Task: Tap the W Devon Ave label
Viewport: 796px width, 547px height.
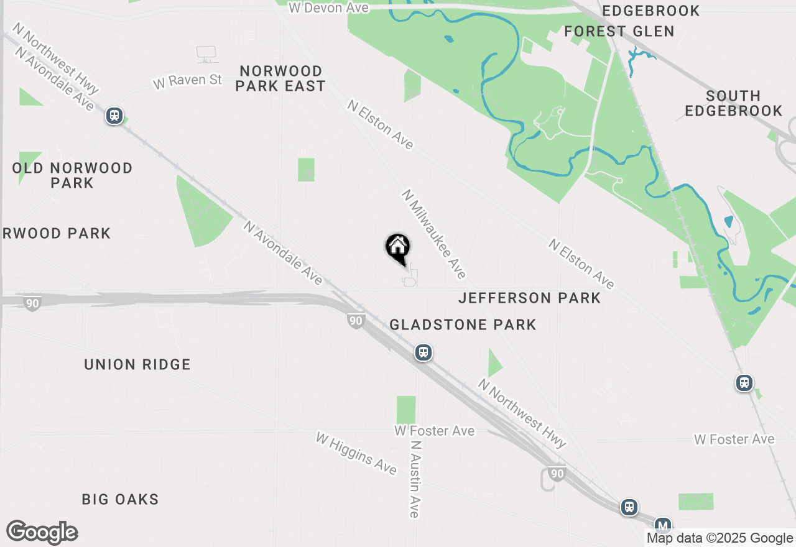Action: pos(329,7)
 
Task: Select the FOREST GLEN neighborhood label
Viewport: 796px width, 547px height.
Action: pos(619,31)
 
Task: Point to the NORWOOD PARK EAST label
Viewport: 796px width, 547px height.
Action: pos(280,78)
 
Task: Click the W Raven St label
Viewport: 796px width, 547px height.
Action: pos(187,80)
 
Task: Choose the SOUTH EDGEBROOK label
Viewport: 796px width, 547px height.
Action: pos(733,103)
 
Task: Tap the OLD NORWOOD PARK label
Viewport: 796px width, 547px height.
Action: pos(73,175)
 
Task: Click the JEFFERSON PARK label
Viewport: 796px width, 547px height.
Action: pos(529,298)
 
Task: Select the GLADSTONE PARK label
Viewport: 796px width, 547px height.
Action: pos(463,324)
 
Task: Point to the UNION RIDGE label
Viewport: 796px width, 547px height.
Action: pos(137,365)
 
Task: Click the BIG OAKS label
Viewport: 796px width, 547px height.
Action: pos(120,499)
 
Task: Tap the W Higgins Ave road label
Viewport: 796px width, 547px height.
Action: pos(356,453)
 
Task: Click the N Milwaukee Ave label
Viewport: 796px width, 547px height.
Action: pos(433,234)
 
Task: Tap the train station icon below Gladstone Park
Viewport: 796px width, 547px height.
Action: pos(423,353)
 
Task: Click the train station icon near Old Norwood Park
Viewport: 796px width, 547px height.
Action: pos(114,116)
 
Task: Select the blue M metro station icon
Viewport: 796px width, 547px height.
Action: pos(663,524)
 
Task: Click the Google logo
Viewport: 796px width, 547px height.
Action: pos(42,532)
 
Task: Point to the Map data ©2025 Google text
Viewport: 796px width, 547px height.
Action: pos(720,538)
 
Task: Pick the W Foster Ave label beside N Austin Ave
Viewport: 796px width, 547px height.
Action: pos(434,431)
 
